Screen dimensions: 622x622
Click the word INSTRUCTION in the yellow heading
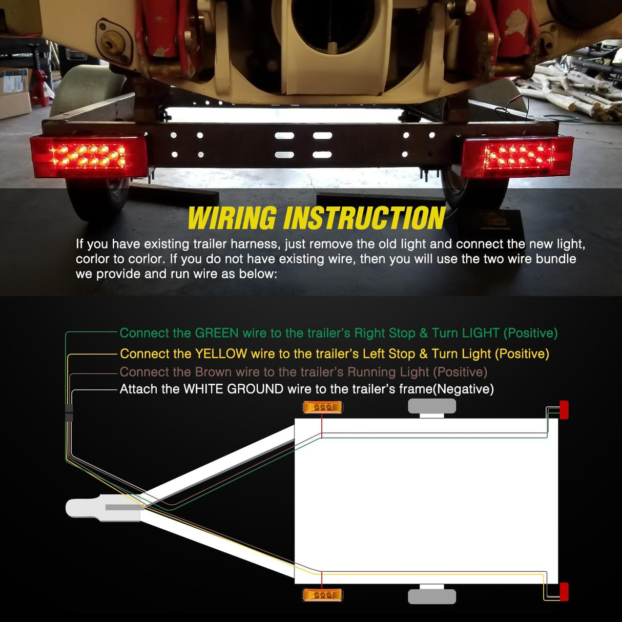pos(364,218)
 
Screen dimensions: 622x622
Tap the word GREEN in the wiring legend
pos(217,333)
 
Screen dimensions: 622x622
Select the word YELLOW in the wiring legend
pos(221,354)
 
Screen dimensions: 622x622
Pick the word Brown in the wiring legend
pos(215,372)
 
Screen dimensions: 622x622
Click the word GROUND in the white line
pos(255,389)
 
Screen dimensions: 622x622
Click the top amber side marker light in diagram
pos(322,407)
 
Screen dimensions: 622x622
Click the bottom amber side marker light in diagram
pos(322,595)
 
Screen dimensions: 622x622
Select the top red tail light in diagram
pos(564,410)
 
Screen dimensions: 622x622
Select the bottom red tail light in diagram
pos(564,592)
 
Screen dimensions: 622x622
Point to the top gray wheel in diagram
pos(432,406)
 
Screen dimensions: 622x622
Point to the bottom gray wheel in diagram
pos(432,596)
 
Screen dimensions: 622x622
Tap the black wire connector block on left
pos(69,413)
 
